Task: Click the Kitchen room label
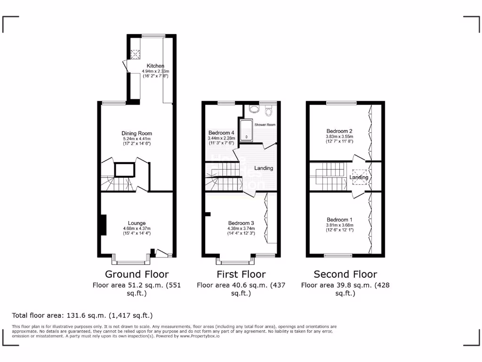click(155, 66)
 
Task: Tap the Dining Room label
click(137, 133)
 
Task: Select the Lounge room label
click(137, 223)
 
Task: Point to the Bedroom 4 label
click(221, 133)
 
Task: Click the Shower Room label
click(265, 125)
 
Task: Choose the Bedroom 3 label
click(241, 223)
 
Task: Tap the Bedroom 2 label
click(339, 131)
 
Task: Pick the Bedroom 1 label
click(339, 220)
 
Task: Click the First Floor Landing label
click(264, 168)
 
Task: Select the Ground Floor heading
click(137, 274)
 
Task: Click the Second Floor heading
click(345, 274)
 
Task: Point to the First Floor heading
click(241, 274)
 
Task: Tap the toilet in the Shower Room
click(269, 111)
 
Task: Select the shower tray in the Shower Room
click(247, 131)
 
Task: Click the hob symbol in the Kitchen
click(136, 55)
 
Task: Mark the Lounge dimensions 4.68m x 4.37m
click(137, 229)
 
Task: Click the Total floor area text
click(82, 315)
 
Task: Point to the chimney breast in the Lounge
click(102, 223)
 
